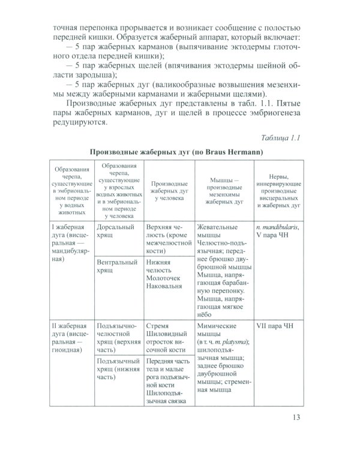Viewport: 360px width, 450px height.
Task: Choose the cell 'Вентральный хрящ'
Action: pyautogui.click(x=115, y=267)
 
